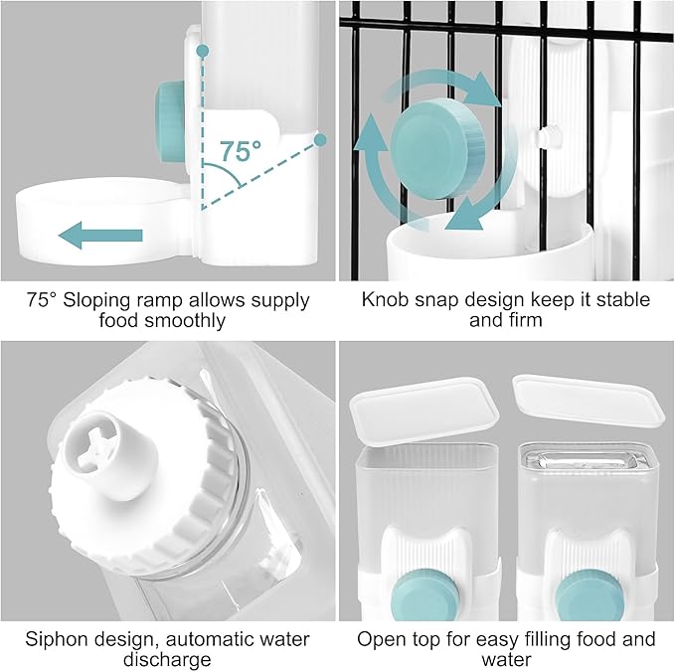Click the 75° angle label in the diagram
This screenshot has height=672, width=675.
pyautogui.click(x=241, y=150)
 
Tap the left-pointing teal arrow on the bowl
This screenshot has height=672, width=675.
pyautogui.click(x=100, y=235)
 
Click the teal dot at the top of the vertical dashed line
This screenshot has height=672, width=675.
pyautogui.click(x=203, y=51)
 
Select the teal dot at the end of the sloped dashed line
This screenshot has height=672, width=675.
pyautogui.click(x=320, y=140)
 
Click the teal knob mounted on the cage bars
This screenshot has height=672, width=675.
pyautogui.click(x=437, y=148)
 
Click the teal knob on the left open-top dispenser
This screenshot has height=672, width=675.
pyautogui.click(x=425, y=595)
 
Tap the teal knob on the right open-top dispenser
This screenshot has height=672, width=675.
pyautogui.click(x=590, y=595)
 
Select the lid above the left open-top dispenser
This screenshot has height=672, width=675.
pyautogui.click(x=424, y=411)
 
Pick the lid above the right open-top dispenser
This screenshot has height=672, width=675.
pyautogui.click(x=589, y=401)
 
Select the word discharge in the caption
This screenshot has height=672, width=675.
pyautogui.click(x=167, y=660)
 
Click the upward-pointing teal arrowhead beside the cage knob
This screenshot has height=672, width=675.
pyautogui.click(x=371, y=131)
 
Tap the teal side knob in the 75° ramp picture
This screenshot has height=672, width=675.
pyautogui.click(x=171, y=122)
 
